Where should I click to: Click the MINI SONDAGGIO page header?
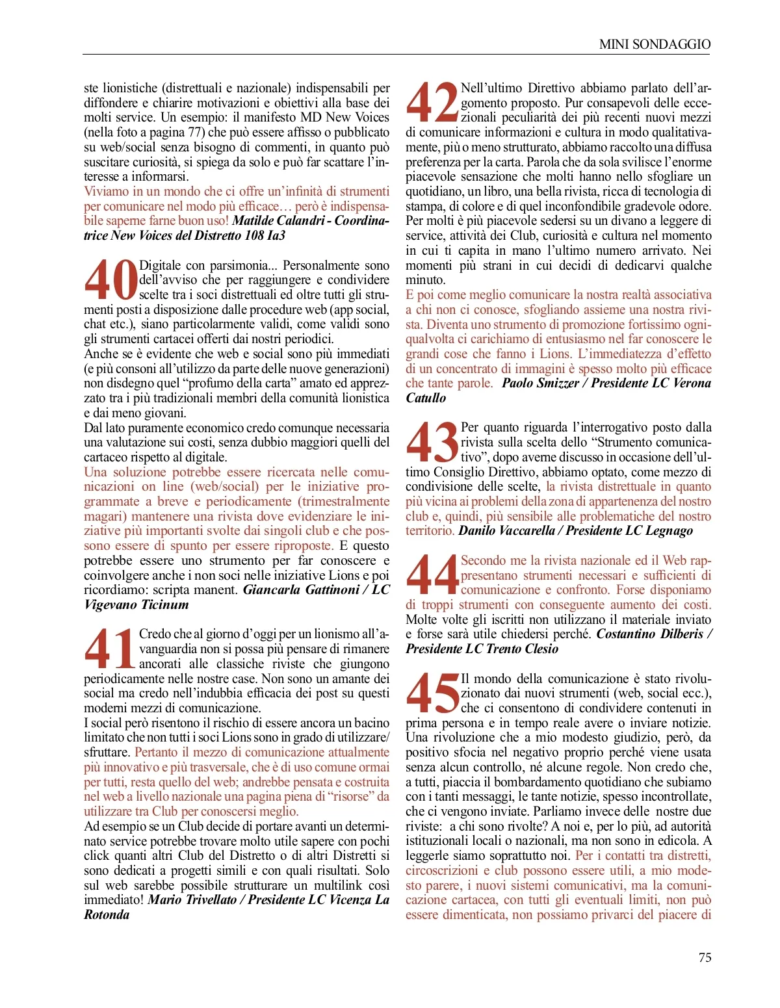(655, 44)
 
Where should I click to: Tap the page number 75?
(705, 957)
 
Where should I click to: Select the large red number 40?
(110, 280)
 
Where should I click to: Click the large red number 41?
(110, 649)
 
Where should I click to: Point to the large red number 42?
(432, 103)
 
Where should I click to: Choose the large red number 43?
(432, 443)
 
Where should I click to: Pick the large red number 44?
(432, 575)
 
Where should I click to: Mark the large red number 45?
(432, 693)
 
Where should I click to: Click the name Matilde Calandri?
(278, 220)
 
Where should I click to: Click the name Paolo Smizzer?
(540, 383)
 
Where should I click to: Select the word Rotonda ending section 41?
(107, 914)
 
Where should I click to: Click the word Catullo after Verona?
(426, 398)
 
